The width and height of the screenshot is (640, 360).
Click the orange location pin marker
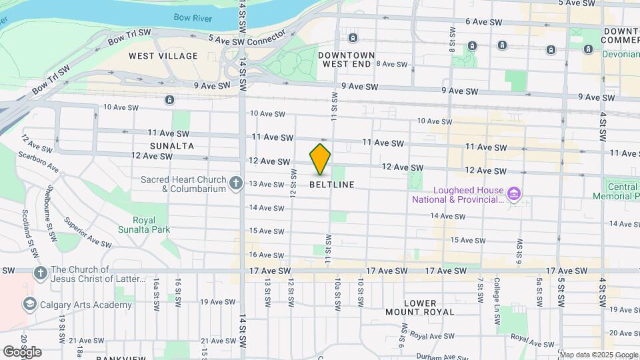pos(320,159)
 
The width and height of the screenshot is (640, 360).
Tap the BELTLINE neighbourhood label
pos(332,184)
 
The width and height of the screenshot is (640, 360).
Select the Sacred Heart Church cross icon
pos(235,183)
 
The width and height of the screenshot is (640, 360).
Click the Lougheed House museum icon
pos(513,195)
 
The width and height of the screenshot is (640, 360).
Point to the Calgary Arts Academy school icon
pos(29,305)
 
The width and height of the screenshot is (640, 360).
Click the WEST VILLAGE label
pos(163,56)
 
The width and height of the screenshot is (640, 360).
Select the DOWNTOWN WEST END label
pos(346,59)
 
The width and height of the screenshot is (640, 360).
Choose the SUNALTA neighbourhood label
pos(172,145)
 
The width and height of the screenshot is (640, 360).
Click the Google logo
pos(22,351)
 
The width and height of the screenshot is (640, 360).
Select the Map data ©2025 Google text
pos(599,354)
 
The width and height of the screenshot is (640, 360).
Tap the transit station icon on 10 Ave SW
pos(170,100)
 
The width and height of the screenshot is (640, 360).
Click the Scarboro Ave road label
pos(39,163)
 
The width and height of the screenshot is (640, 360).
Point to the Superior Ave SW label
pos(87,230)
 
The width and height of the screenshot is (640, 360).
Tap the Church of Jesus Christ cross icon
pos(40,273)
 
